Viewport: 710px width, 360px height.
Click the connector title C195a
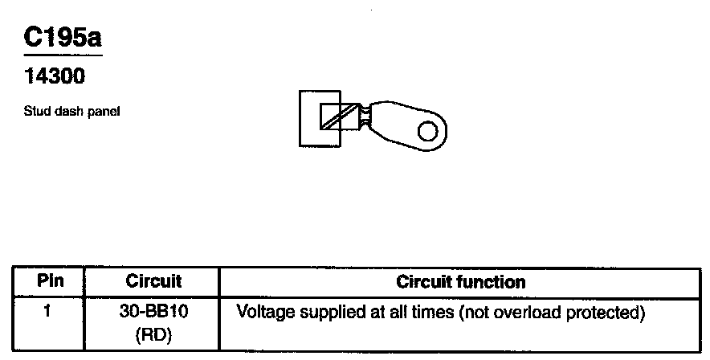pos(63,38)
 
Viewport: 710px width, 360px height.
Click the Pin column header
pos(49,282)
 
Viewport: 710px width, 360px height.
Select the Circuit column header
pos(153,282)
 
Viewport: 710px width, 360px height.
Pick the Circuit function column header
pos(461,282)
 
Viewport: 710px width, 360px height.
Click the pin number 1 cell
pos(48,310)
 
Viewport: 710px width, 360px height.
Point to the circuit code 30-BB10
pos(153,310)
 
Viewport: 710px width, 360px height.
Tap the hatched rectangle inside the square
pos(338,117)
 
